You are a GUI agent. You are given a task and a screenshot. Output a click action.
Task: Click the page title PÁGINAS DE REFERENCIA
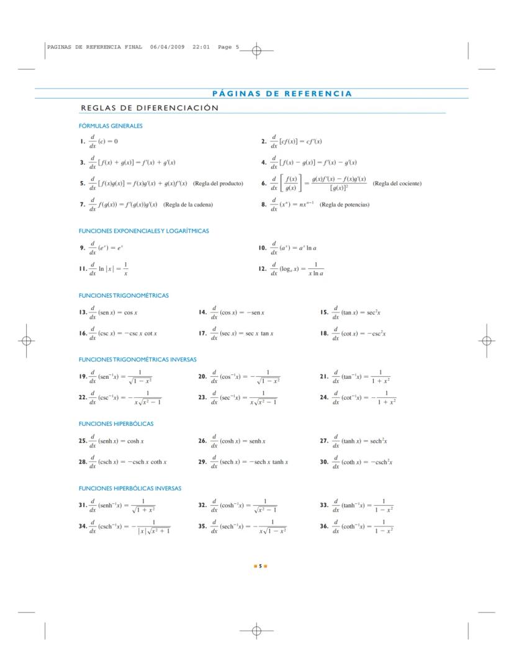click(x=282, y=94)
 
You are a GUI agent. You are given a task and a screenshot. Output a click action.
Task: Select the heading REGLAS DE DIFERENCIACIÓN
click(x=150, y=108)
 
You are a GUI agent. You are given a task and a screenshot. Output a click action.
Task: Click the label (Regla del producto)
click(x=218, y=184)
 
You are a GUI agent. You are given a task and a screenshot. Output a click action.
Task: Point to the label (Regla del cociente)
click(x=397, y=184)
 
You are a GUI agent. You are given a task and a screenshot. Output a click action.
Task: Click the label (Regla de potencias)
click(x=345, y=205)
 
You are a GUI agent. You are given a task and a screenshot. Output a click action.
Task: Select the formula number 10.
click(x=262, y=248)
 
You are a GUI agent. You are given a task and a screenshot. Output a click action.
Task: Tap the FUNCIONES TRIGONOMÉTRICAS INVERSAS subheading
click(x=137, y=360)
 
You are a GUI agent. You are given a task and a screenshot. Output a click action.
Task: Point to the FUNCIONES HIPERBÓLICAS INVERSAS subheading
click(x=130, y=489)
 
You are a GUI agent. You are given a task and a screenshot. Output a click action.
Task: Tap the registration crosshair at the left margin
click(x=27, y=340)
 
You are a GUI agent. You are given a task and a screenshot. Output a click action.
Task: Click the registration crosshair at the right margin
click(x=487, y=340)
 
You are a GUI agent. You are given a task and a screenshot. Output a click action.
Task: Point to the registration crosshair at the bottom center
click(x=255, y=631)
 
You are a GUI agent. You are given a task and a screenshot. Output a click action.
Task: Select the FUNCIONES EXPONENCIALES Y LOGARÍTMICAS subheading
click(x=143, y=231)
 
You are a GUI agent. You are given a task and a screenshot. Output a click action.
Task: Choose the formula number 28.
click(x=83, y=462)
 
